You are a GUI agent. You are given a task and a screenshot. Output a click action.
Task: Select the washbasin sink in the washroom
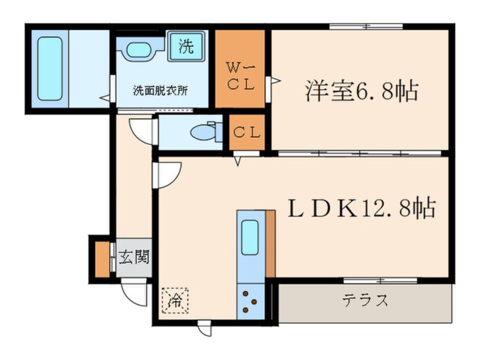[139, 49]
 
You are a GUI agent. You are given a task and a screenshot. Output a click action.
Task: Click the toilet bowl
[201, 132]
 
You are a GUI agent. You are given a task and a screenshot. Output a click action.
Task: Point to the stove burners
[250, 302]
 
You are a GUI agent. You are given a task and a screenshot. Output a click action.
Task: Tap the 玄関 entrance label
[134, 258]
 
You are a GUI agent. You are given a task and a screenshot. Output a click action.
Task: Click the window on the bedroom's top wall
[366, 26]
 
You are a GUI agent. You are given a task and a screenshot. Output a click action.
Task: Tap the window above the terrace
[380, 279]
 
